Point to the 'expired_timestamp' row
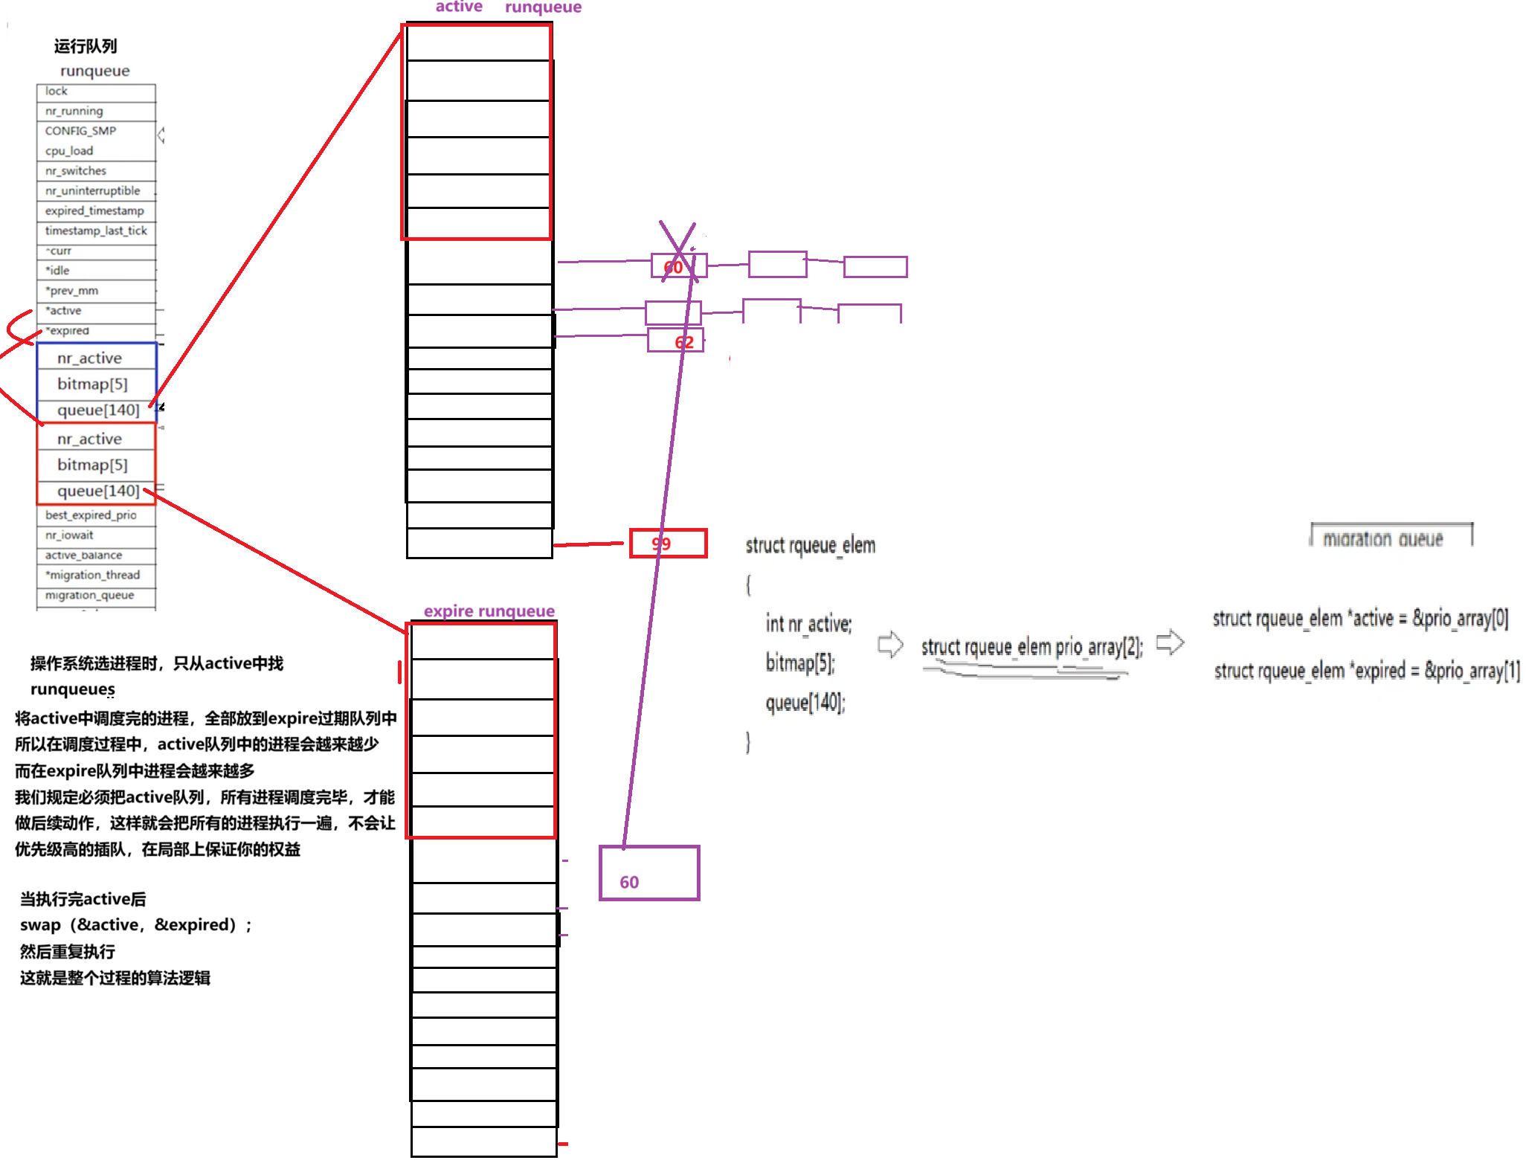tap(95, 211)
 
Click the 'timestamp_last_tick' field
tap(95, 231)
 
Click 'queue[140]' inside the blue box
tap(97, 410)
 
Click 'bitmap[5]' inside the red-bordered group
tap(93, 465)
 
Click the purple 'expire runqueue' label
tap(489, 611)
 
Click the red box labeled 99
tap(668, 544)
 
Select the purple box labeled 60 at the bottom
tap(649, 873)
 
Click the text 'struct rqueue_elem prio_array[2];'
tap(1031, 647)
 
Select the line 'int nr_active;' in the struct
tap(808, 624)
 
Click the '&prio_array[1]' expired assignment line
tap(1367, 671)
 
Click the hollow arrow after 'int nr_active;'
tap(890, 644)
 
